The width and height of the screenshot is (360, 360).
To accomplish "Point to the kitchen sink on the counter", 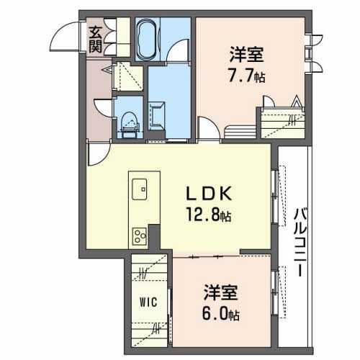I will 142,191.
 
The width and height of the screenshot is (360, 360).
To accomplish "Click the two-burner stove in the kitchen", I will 138,235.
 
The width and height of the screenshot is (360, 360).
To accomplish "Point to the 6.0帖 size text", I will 222,315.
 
